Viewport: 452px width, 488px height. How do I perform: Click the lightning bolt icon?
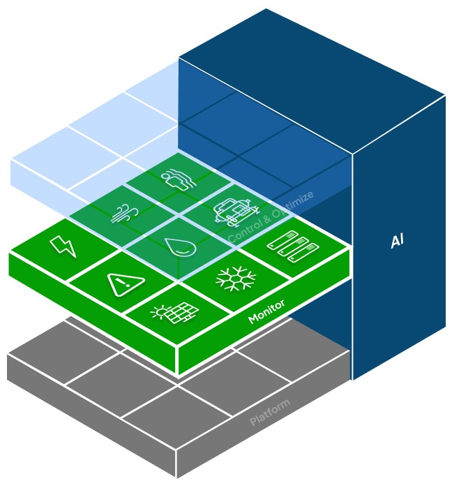point(63,246)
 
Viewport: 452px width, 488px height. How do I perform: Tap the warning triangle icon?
point(126,284)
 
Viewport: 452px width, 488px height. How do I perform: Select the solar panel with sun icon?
point(174,312)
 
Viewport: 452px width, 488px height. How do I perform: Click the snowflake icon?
point(236,279)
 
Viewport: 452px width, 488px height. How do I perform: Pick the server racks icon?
point(293,246)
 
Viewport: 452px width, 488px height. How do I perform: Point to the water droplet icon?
point(181,247)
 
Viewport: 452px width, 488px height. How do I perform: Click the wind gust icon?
point(125,213)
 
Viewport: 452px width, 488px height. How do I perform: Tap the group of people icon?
point(179,179)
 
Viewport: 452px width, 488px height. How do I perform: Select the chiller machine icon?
point(236,212)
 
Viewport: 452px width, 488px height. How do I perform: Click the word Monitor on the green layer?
point(266,311)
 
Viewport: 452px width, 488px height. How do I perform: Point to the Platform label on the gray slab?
point(270,412)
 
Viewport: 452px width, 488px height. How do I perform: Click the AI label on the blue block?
point(398,241)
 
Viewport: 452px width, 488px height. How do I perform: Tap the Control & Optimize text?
point(271,216)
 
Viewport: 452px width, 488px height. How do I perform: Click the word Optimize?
point(292,204)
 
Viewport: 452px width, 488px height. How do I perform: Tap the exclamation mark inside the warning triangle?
point(126,284)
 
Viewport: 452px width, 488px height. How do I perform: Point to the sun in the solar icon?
point(160,311)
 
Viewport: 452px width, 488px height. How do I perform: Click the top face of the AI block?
point(312,81)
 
